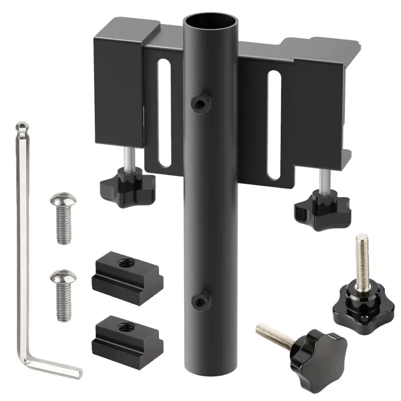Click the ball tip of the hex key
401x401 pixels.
point(21,126)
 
